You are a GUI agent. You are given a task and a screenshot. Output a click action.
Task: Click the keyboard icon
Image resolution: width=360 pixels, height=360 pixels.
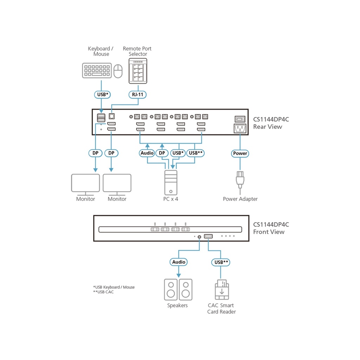click(97, 70)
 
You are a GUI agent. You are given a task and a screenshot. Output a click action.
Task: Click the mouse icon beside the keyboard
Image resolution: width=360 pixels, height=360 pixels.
click(118, 71)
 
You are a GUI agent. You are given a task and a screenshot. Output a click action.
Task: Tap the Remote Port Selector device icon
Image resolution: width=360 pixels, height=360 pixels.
click(138, 71)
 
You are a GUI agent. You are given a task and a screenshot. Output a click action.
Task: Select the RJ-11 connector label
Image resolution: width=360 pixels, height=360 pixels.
click(138, 94)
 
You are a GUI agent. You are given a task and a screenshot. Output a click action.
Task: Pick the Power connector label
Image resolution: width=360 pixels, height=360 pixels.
click(240, 153)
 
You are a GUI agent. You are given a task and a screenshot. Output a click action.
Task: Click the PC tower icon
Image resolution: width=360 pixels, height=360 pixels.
click(171, 182)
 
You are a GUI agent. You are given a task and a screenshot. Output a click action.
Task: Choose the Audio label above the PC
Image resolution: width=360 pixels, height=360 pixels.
click(147, 153)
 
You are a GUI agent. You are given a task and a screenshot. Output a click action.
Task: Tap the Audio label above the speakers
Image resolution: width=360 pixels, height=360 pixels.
click(179, 262)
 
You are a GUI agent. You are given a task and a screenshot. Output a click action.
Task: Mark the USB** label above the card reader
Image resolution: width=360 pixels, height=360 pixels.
click(221, 262)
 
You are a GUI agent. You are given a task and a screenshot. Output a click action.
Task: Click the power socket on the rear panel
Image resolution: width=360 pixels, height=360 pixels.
click(240, 129)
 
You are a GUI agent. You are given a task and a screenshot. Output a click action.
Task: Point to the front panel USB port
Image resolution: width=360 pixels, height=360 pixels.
click(208, 236)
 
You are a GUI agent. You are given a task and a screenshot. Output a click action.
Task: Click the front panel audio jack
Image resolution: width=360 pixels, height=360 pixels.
click(200, 237)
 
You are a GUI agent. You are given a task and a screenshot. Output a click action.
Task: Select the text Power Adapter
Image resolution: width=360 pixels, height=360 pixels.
click(240, 199)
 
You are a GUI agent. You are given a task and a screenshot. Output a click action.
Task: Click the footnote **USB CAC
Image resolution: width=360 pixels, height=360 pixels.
click(103, 292)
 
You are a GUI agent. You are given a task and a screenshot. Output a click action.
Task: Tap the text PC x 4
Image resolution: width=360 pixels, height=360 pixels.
click(171, 199)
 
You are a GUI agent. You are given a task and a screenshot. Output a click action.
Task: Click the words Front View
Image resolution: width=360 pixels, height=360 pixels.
click(269, 232)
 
